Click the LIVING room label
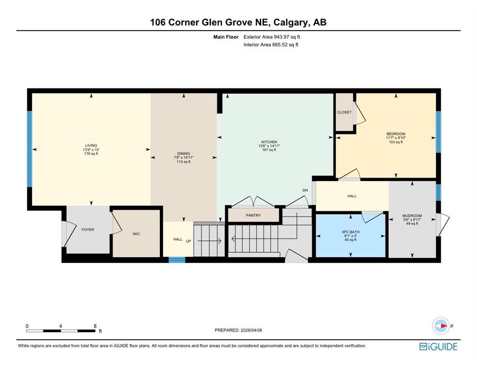91,146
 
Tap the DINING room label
183,154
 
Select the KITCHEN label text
269,142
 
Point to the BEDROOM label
396,134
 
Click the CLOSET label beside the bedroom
344,113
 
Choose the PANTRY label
253,216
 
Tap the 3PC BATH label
351,232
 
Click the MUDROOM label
412,216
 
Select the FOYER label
88,230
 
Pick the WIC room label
136,234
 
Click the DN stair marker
305,190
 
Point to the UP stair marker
188,240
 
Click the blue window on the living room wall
30,149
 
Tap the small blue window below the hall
177,260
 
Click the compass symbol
440,326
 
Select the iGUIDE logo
438,346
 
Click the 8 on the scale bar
95,326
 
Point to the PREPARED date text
238,330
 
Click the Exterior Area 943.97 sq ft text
272,36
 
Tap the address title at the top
238,22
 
